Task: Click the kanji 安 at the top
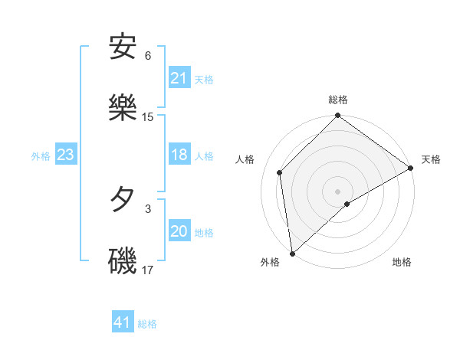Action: point(123,47)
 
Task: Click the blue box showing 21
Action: point(179,78)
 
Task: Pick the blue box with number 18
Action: point(179,155)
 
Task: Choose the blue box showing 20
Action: point(179,232)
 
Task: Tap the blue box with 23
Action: point(65,155)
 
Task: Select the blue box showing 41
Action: point(123,322)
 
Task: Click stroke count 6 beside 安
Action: point(148,56)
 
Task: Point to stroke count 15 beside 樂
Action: point(148,117)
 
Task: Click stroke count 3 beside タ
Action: point(148,208)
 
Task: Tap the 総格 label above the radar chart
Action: point(338,100)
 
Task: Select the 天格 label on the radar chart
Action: point(431,159)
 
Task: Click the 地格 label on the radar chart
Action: point(402,262)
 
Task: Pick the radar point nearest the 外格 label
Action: point(292,254)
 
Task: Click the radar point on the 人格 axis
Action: point(280,172)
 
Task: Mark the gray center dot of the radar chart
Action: point(338,191)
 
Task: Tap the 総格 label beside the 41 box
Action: point(147,323)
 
